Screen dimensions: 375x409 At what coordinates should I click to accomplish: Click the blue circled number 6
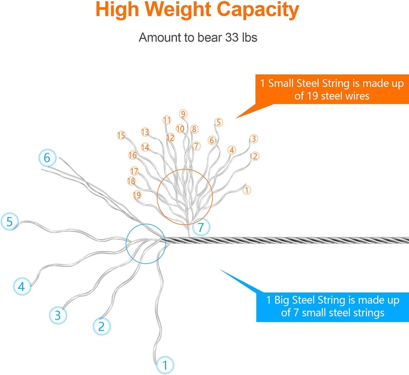point(47,158)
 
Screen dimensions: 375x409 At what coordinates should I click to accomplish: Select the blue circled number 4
point(22,286)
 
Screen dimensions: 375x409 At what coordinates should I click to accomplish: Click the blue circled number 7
point(201,227)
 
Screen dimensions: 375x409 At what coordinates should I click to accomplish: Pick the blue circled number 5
point(10,222)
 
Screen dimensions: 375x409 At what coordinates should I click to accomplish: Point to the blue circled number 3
point(58,315)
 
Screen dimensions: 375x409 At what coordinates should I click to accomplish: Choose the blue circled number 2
point(101,326)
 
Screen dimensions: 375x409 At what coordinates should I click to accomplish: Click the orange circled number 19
point(137,195)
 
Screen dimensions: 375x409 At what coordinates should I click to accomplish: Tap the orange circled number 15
point(121,135)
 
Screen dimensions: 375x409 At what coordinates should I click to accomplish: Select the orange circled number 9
point(183,114)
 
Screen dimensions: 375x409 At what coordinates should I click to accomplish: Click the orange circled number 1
point(247,190)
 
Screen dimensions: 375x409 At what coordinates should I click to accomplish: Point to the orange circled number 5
point(219,122)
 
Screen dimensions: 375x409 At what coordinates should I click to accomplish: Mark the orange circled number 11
point(167,120)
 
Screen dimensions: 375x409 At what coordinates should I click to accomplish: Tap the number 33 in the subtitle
point(232,37)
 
